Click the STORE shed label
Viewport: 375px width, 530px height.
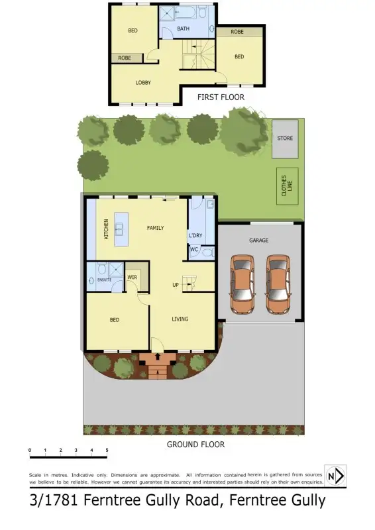[x=285, y=138]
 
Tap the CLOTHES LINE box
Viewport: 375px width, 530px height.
[x=286, y=186]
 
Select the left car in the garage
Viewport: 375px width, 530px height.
[x=243, y=282]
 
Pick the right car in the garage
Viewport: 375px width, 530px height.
[x=277, y=282]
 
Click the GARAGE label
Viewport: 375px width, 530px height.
[x=258, y=240]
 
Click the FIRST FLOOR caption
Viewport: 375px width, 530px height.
[x=221, y=97]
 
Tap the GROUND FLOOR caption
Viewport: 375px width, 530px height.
[x=195, y=445]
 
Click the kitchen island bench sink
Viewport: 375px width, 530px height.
[x=120, y=229]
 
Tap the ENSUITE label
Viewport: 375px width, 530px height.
[x=105, y=280]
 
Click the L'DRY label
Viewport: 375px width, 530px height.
[x=195, y=236]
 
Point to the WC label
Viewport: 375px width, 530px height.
[x=194, y=250]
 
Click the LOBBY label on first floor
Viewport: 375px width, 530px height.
[x=143, y=83]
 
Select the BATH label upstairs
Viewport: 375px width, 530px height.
[x=184, y=29]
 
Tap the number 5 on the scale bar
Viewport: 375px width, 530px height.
[x=107, y=450]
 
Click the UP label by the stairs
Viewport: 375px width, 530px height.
[x=176, y=285]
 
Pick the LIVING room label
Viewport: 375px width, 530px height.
[x=180, y=319]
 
